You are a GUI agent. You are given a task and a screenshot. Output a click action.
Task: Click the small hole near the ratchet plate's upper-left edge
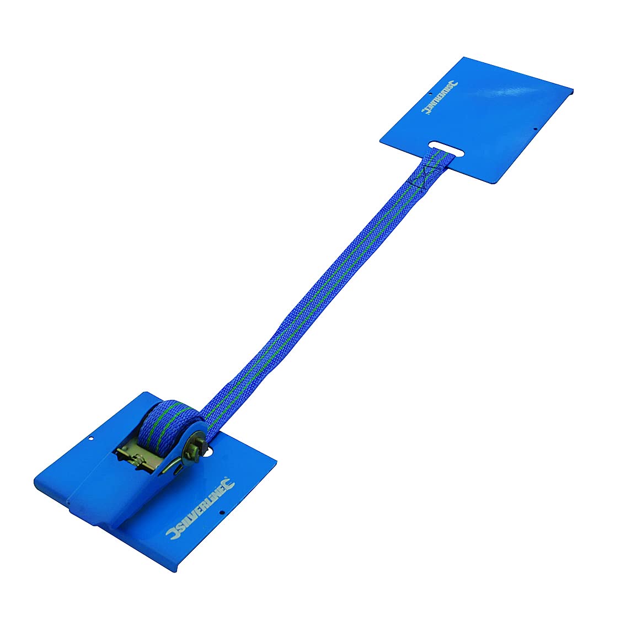91,440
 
